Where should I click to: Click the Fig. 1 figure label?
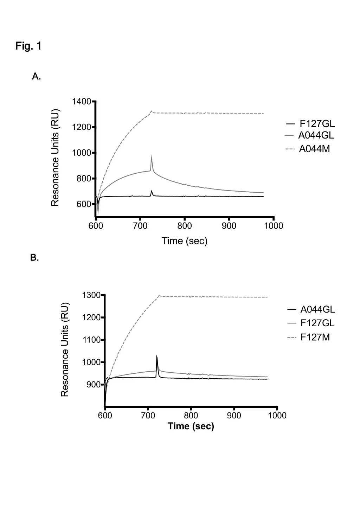[28, 46]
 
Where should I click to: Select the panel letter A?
[36, 76]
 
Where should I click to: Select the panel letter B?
[34, 258]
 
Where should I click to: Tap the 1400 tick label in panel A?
[82, 102]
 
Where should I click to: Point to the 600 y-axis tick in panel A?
[84, 204]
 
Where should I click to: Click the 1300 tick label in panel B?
[91, 295]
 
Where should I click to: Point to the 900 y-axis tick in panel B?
[94, 385]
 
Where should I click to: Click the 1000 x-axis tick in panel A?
[274, 226]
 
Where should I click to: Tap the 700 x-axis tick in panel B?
[148, 416]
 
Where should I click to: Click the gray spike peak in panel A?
[151, 155]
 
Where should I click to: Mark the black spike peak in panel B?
[156, 356]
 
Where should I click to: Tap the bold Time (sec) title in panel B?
[191, 426]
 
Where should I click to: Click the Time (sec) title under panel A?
[185, 241]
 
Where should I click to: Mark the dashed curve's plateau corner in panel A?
[152, 111]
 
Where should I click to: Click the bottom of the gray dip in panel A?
[98, 213]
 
